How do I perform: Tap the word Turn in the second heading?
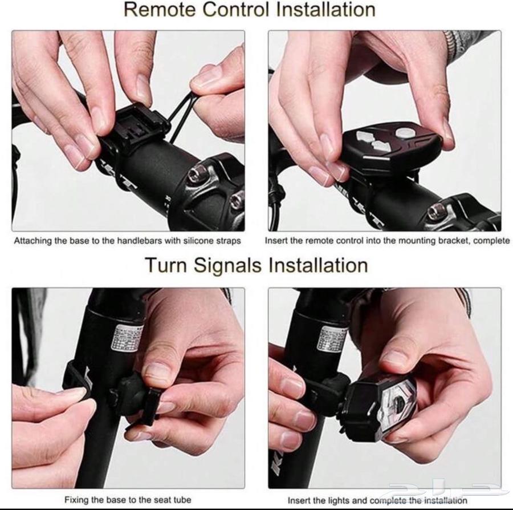click(166, 265)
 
